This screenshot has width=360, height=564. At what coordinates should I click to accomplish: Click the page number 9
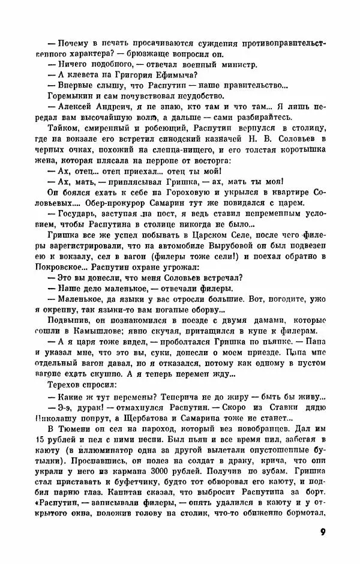(322, 532)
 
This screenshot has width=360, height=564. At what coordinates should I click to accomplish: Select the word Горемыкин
(61, 95)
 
